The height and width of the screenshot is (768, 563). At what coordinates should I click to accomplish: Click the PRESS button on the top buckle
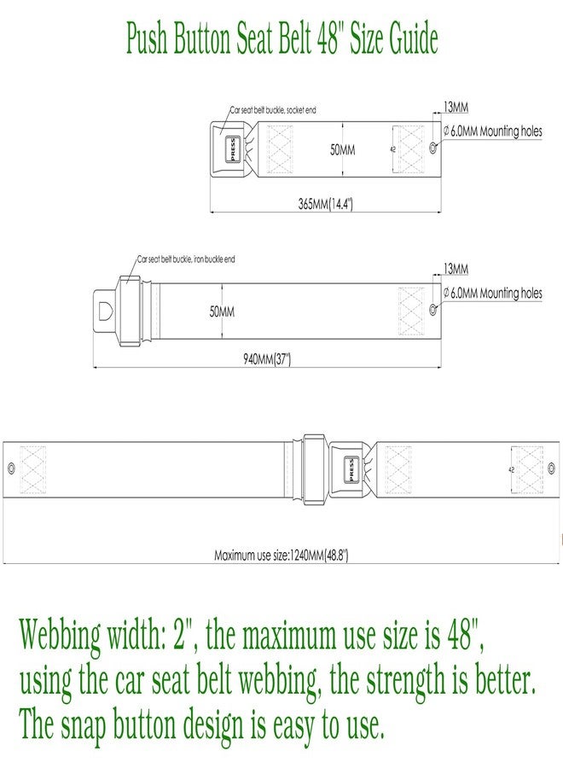[232, 149]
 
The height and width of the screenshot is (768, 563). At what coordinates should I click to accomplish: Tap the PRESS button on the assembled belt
[351, 469]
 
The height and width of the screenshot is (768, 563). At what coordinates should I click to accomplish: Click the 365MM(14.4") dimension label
[326, 204]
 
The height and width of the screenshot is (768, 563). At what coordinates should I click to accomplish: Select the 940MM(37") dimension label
[267, 359]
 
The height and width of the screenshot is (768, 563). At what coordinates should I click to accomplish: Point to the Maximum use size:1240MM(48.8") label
[281, 555]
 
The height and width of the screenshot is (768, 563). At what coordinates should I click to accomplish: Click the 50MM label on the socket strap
[342, 149]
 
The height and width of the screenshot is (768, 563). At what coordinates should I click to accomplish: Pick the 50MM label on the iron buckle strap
[222, 311]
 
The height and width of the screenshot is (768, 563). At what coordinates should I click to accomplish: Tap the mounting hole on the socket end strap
[432, 147]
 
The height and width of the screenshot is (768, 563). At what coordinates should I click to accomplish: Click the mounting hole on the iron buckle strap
[432, 310]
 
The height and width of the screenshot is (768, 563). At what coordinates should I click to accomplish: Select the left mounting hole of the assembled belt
[11, 468]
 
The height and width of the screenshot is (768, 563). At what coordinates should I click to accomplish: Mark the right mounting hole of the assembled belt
[551, 468]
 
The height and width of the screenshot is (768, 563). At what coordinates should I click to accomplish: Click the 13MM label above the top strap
[456, 107]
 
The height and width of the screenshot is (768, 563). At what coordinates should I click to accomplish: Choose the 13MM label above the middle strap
[456, 269]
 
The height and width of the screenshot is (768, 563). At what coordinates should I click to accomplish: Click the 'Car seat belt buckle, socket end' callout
[273, 110]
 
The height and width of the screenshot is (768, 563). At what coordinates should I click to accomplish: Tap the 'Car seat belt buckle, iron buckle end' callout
[186, 259]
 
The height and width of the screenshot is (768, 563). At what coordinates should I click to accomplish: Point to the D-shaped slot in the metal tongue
[105, 311]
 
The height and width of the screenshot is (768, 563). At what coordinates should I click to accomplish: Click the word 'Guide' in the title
[413, 38]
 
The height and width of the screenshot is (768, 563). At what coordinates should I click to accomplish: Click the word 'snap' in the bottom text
[83, 727]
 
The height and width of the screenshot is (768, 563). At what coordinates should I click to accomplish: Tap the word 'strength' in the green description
[405, 683]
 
